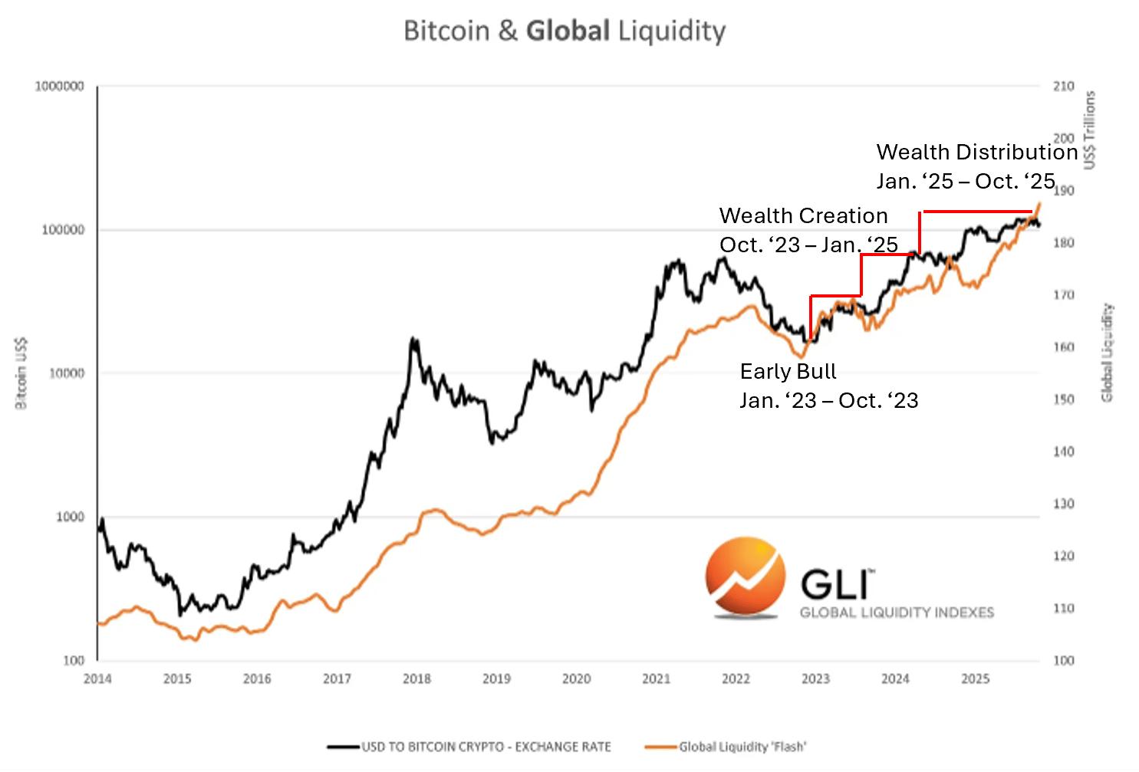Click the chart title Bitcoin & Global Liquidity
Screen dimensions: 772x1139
(x=564, y=31)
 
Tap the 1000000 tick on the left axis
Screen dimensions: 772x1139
(x=59, y=87)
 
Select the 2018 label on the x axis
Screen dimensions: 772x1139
(x=416, y=678)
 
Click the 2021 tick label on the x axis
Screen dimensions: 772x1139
(x=656, y=678)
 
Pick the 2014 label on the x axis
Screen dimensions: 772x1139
(x=97, y=678)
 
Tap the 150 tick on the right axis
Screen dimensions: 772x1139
(x=1063, y=399)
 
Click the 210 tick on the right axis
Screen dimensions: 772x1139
(x=1063, y=87)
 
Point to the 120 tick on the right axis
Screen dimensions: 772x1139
(x=1063, y=556)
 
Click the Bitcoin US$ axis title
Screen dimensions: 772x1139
(x=21, y=373)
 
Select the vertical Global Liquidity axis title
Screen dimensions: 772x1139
(x=1107, y=353)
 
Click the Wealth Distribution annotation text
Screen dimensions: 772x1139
(x=976, y=152)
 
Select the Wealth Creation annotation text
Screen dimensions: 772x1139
(x=803, y=216)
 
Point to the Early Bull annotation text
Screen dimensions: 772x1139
(x=788, y=372)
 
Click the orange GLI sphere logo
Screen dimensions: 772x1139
(x=746, y=577)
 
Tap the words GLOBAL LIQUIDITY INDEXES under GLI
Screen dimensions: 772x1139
(x=897, y=613)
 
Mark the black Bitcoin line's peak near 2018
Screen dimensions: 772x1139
(x=413, y=338)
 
